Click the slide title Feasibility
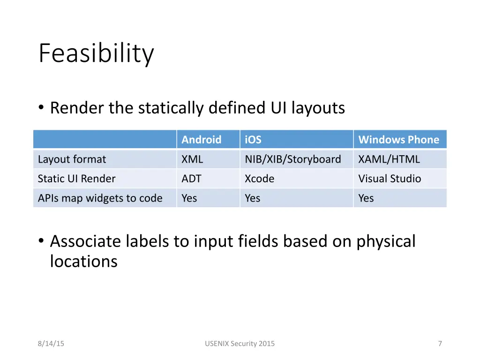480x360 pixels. (x=96, y=53)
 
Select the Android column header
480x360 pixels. (x=201, y=140)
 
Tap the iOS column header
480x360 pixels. (x=253, y=140)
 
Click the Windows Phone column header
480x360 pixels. (x=398, y=140)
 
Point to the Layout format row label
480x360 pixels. (x=72, y=159)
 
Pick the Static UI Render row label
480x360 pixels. (x=76, y=179)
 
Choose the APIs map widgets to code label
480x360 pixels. (x=100, y=198)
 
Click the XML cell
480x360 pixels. (x=192, y=159)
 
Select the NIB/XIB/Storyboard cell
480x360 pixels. (x=292, y=159)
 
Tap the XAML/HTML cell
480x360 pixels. (x=389, y=159)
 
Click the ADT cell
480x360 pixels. (x=191, y=179)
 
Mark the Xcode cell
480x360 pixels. (x=259, y=179)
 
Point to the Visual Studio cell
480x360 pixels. (x=390, y=179)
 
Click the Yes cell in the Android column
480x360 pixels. (x=189, y=198)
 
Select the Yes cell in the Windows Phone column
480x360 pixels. (x=366, y=198)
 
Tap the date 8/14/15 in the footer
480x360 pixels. (x=51, y=344)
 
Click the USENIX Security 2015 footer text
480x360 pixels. (x=240, y=344)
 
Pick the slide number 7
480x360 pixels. (x=440, y=344)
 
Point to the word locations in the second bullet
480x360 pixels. (x=83, y=262)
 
